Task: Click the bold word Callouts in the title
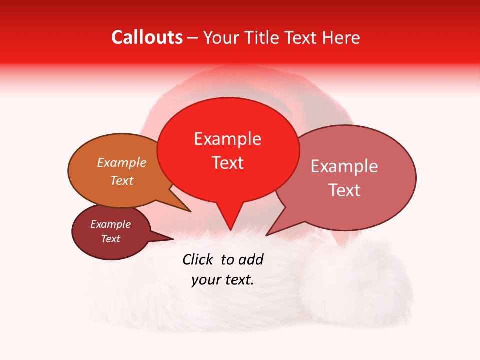click(147, 37)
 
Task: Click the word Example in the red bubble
click(228, 139)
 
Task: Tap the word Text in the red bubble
click(228, 163)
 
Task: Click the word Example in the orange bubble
click(122, 162)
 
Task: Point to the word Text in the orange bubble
click(122, 180)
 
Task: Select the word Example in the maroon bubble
click(110, 224)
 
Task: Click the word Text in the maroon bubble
click(110, 239)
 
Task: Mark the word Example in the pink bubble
click(344, 166)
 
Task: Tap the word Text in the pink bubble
click(344, 190)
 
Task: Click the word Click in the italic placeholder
click(198, 259)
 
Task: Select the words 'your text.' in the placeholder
click(223, 280)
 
